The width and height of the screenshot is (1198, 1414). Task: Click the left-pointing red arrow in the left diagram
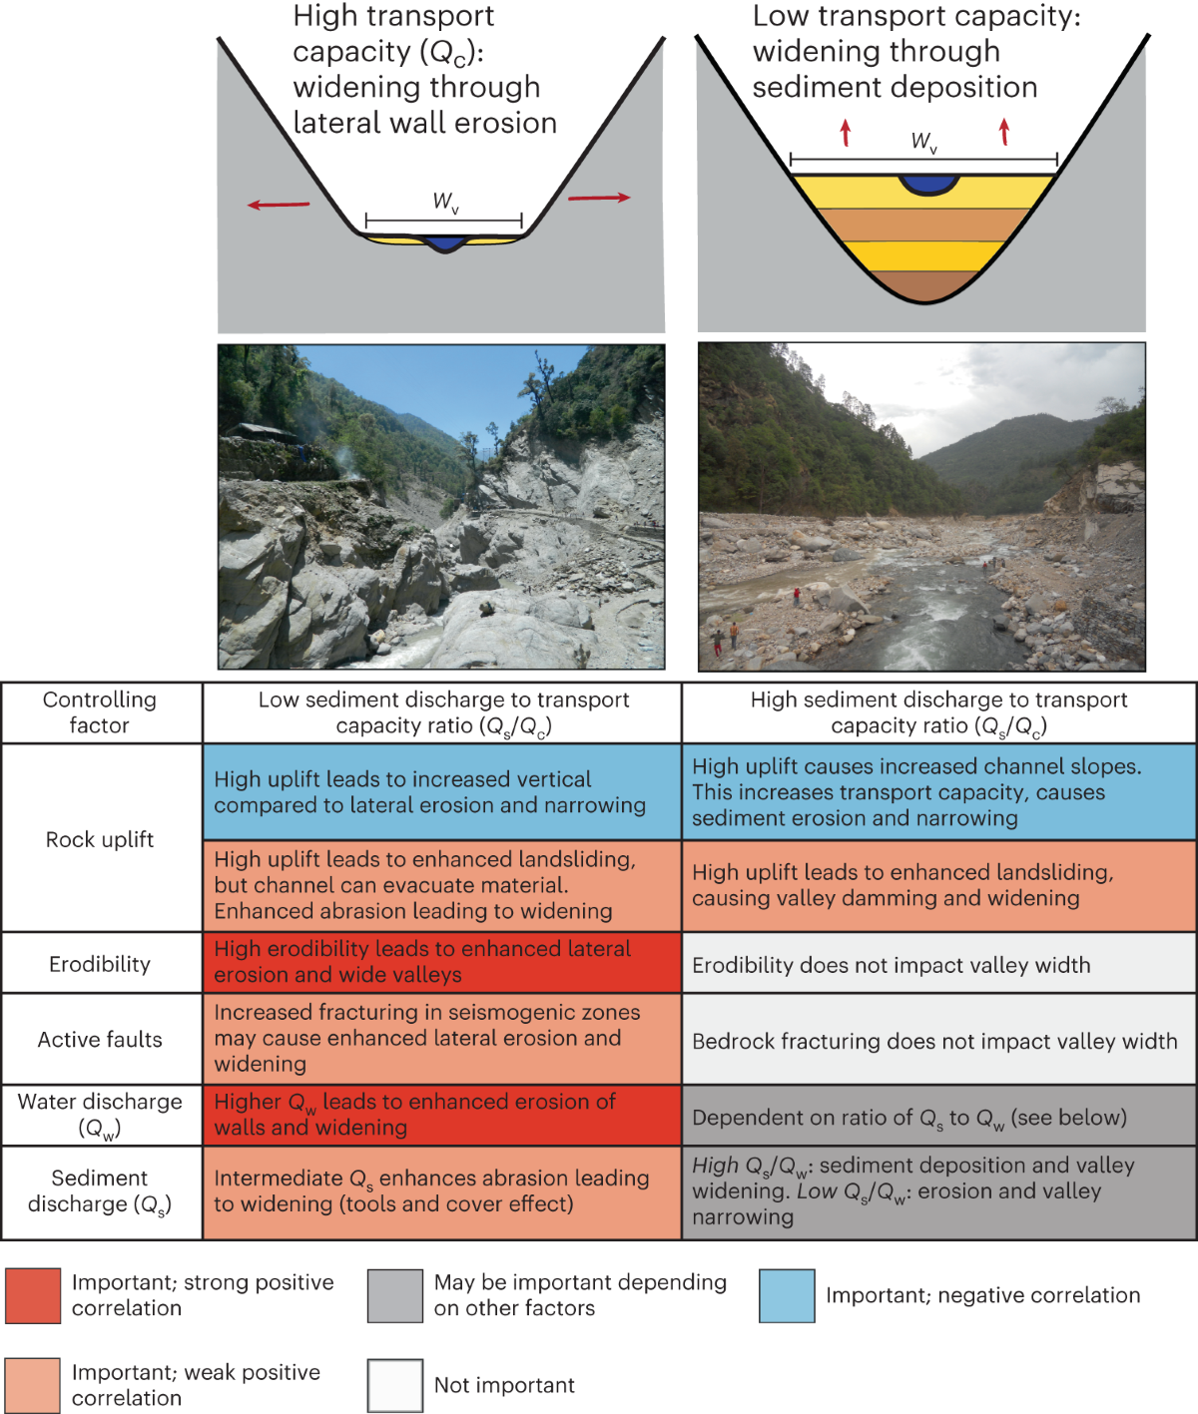[x=279, y=205]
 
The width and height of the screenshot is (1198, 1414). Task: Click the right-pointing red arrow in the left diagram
[x=599, y=198]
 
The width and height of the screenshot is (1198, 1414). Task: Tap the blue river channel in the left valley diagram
[x=444, y=242]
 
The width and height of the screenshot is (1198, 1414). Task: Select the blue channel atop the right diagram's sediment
[x=928, y=184]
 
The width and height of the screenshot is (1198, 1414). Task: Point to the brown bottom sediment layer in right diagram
[x=925, y=286]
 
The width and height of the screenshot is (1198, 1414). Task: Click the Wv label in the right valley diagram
[x=923, y=143]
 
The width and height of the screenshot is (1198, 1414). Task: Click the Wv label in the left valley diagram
[x=445, y=203]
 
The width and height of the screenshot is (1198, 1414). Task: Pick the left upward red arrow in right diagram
[x=846, y=132]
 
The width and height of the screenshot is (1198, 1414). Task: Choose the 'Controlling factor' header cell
[x=100, y=712]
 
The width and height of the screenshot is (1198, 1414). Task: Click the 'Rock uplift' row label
[x=100, y=839]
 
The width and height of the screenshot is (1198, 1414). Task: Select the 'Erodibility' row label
[x=100, y=964]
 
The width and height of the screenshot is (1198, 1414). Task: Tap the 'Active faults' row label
[x=100, y=1040]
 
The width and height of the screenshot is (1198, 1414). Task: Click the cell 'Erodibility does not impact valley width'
[x=938, y=965]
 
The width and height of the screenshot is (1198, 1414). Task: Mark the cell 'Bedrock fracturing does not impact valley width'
[x=938, y=1041]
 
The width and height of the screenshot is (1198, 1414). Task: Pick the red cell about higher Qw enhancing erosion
[x=442, y=1115]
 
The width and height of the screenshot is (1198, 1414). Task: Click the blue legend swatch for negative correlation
[x=787, y=1295]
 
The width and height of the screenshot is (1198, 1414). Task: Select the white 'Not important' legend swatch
[x=394, y=1385]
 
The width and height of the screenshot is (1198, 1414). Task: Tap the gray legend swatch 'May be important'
[x=394, y=1295]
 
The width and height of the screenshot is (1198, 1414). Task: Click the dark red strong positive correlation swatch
[x=33, y=1295]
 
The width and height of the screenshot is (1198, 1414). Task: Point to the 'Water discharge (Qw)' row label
[x=100, y=1115]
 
